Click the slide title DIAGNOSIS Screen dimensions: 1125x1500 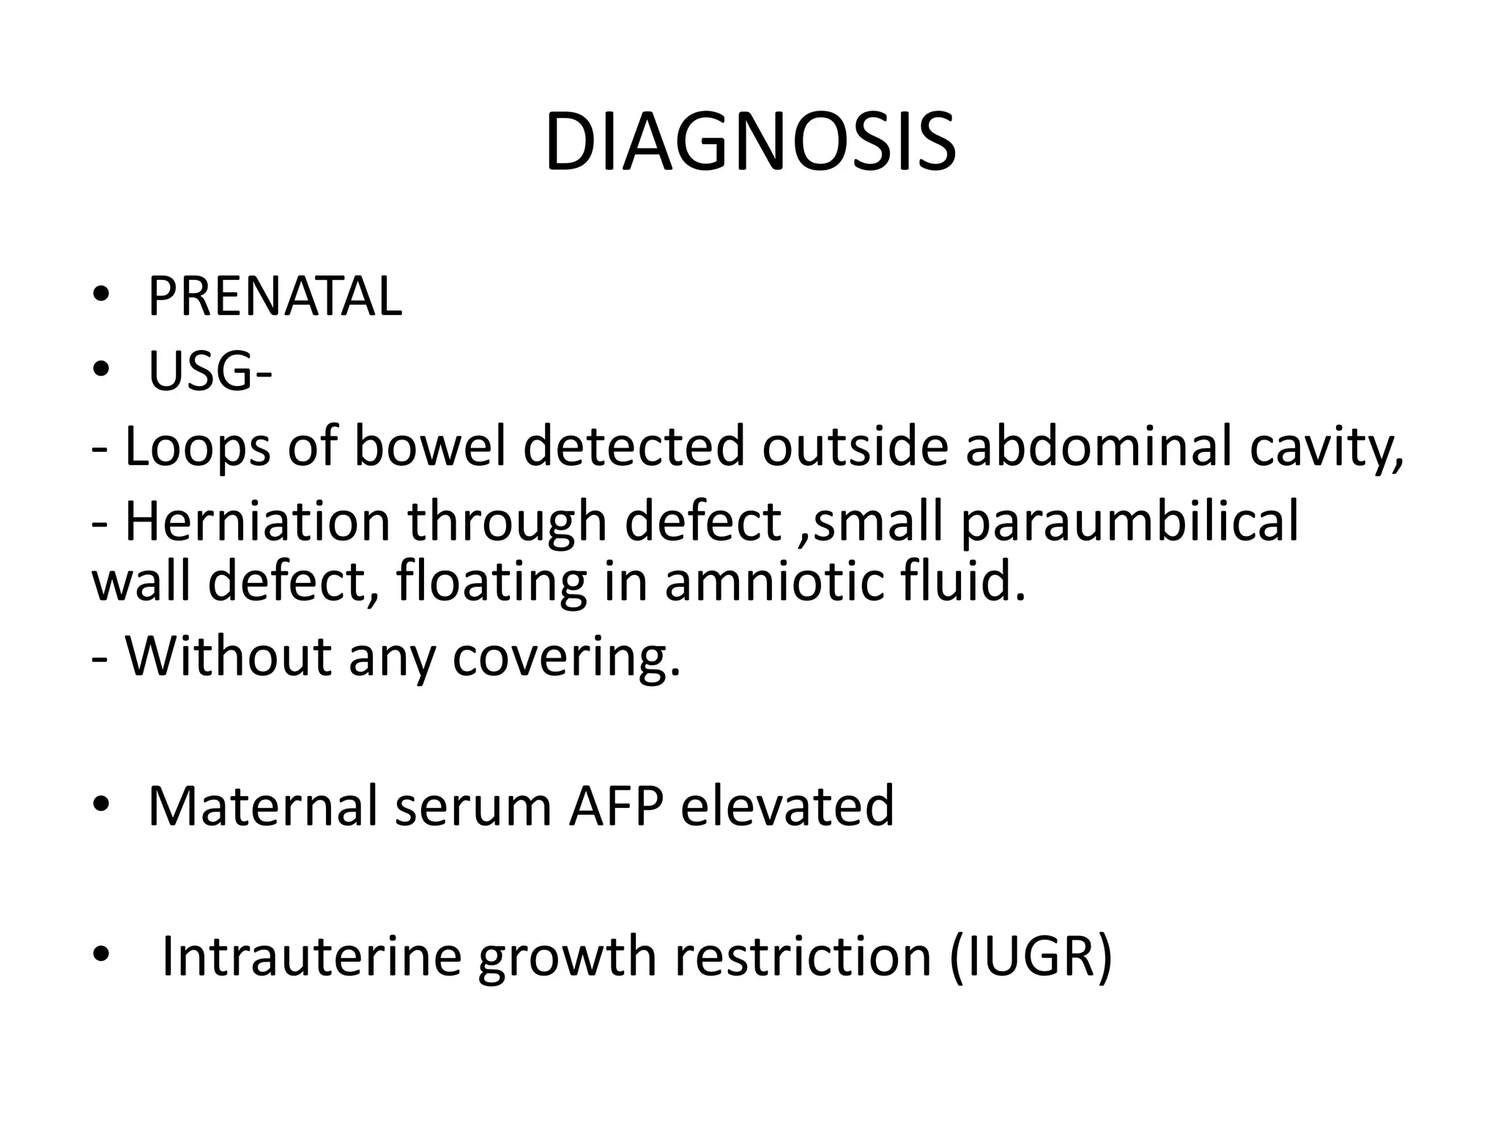[x=750, y=143]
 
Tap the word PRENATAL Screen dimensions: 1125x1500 [x=275, y=297]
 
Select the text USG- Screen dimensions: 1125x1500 [x=210, y=371]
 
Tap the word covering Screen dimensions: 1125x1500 [x=566, y=656]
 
